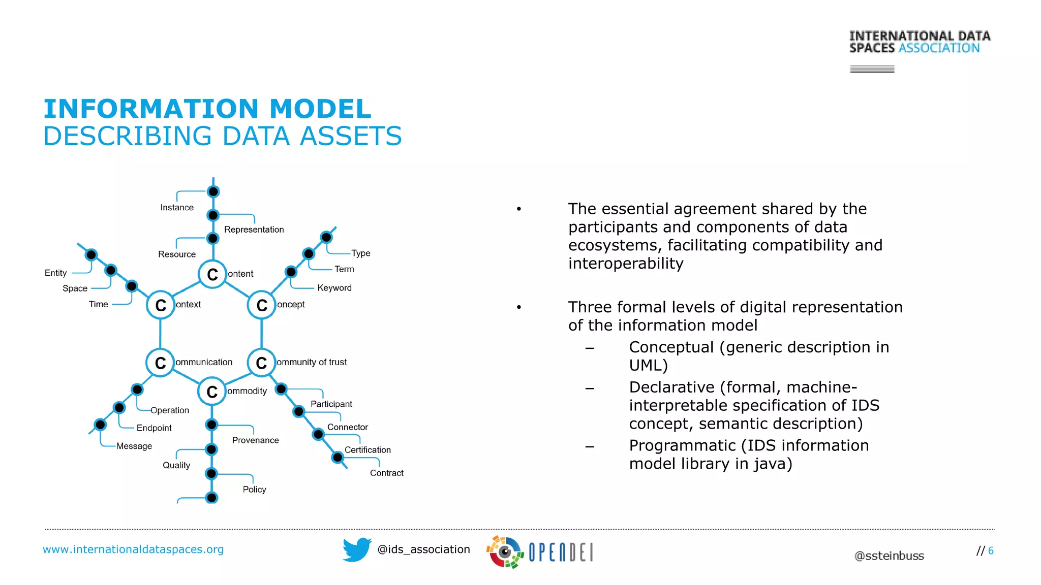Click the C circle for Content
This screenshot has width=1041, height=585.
click(x=212, y=274)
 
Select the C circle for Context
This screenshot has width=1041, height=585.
click(x=161, y=305)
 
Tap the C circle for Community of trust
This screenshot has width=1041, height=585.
click(x=261, y=363)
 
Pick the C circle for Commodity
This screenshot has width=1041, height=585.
click(x=211, y=392)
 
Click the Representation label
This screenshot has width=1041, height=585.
click(x=254, y=230)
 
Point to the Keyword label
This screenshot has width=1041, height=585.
click(x=334, y=288)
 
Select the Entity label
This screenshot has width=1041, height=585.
click(x=55, y=273)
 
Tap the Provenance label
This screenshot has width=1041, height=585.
click(x=255, y=440)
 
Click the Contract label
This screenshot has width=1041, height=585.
click(x=386, y=473)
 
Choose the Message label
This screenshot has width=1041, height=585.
click(x=134, y=446)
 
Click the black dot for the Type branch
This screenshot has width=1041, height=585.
click(x=326, y=237)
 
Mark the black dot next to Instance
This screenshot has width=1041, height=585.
click(x=213, y=191)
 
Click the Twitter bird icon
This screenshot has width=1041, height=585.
click(x=357, y=549)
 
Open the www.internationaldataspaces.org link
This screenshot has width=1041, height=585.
click(x=133, y=549)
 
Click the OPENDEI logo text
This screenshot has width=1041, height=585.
click(x=560, y=552)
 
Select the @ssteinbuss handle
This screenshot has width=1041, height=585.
click(x=889, y=556)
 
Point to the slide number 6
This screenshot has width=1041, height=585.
click(x=991, y=551)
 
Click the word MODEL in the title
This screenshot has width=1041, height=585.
click(x=320, y=109)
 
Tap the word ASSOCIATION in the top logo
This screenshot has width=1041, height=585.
click(x=939, y=48)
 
